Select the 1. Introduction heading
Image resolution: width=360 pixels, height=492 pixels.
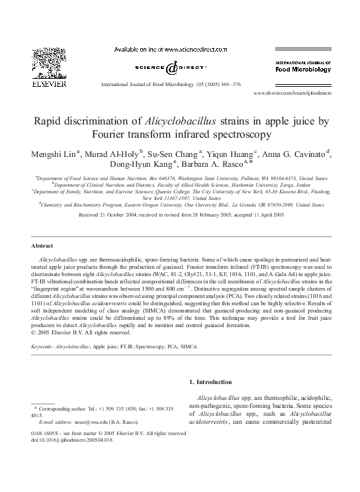click(x=210, y=382)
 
